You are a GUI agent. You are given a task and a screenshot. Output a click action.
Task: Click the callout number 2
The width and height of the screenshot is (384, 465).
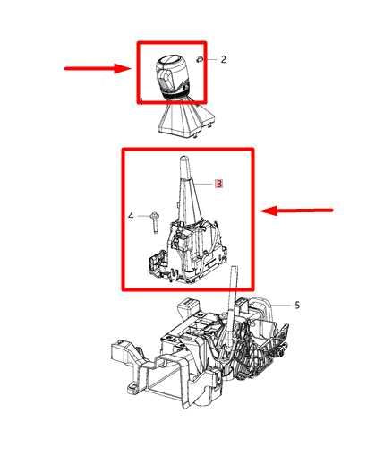[x=223, y=59]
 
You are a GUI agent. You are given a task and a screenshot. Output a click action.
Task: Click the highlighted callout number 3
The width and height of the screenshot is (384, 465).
[x=219, y=184]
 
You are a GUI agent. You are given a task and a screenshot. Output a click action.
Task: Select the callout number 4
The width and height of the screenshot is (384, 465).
[x=131, y=216]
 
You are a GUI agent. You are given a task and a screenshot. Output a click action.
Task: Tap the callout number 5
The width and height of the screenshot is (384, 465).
[x=297, y=306]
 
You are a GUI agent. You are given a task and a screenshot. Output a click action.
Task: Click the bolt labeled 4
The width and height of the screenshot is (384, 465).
[x=155, y=222]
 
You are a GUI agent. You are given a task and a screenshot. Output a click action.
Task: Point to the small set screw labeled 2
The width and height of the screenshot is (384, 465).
[x=199, y=59]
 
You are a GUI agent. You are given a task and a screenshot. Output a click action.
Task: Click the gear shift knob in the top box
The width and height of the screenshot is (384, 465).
[x=173, y=76]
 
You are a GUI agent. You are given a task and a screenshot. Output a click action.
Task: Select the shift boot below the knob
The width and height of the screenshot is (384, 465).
[x=185, y=119]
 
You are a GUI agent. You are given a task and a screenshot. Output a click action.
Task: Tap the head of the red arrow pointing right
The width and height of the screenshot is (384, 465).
[x=123, y=68]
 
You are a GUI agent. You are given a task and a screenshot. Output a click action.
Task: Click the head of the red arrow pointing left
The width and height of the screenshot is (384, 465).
[x=269, y=211]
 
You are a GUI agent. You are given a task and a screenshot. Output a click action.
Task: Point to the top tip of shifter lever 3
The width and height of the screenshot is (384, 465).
[x=184, y=157]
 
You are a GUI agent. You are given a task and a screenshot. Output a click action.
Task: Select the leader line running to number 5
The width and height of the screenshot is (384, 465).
[x=280, y=306]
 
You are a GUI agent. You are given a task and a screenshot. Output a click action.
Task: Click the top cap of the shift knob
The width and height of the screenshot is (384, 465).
[x=171, y=60]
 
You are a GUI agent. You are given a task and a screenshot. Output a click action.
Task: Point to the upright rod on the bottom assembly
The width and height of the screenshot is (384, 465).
[x=233, y=306]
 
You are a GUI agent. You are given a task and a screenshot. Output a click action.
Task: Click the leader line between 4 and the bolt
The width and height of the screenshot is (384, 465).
[x=143, y=216]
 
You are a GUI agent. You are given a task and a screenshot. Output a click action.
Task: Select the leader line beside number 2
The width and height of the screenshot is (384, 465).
[x=211, y=59]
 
